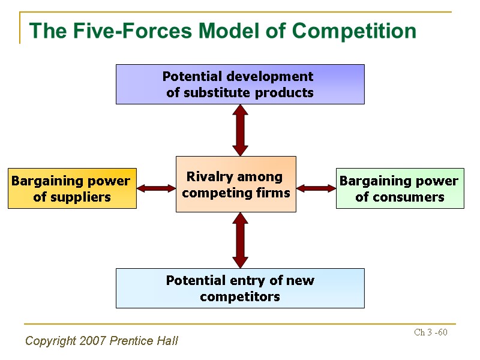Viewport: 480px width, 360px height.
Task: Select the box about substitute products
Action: [240, 85]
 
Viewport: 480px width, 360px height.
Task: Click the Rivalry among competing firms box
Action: [236, 184]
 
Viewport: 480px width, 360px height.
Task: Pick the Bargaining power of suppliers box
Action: [72, 188]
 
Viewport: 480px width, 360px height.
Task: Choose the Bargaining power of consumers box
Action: [400, 188]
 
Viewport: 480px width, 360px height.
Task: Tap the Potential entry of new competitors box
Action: [240, 288]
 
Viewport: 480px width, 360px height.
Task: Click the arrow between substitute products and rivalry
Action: [240, 130]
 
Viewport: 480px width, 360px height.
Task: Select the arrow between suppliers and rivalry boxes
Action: [156, 188]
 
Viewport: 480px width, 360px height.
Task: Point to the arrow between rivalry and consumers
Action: [316, 188]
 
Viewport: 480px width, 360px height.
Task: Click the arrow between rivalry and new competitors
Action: [240, 240]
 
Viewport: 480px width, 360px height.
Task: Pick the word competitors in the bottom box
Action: [240, 296]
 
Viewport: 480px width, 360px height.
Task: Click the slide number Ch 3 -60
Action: [431, 332]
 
